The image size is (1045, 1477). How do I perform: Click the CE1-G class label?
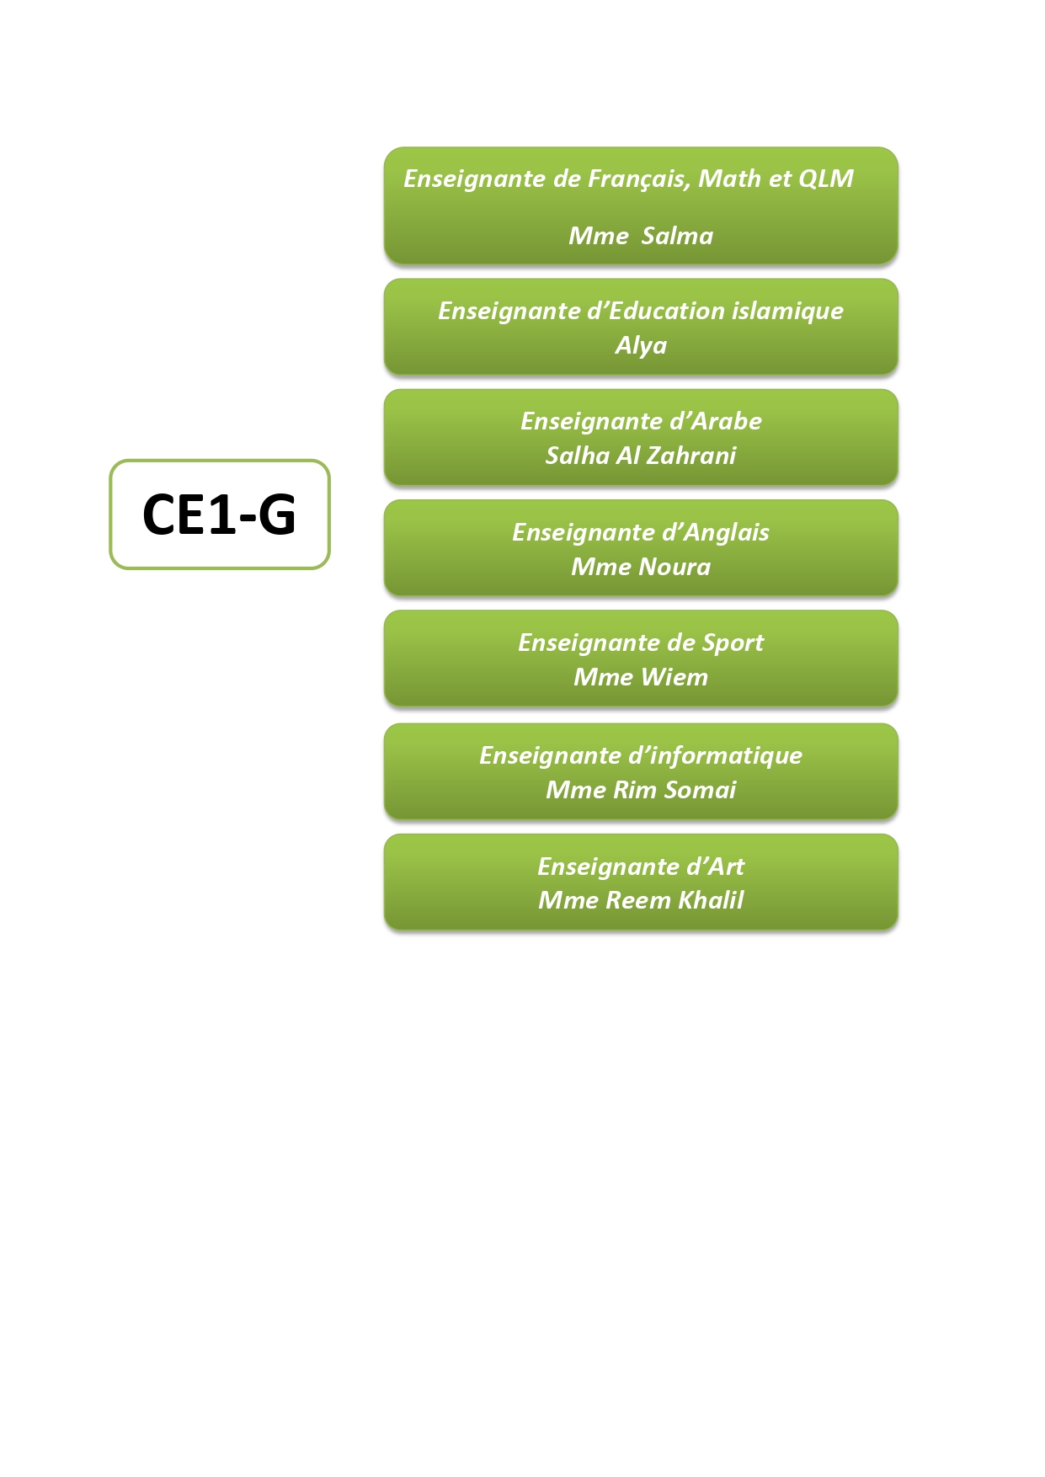click(219, 515)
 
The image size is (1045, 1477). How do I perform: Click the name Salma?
click(676, 236)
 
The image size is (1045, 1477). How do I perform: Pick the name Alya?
click(641, 345)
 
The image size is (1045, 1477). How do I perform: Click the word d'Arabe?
click(715, 421)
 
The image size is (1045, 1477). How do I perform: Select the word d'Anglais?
click(715, 532)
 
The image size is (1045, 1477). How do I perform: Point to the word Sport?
click(733, 643)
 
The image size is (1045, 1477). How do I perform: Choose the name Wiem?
click(674, 677)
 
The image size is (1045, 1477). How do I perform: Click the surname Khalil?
click(711, 900)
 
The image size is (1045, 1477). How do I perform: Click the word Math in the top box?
click(729, 179)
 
